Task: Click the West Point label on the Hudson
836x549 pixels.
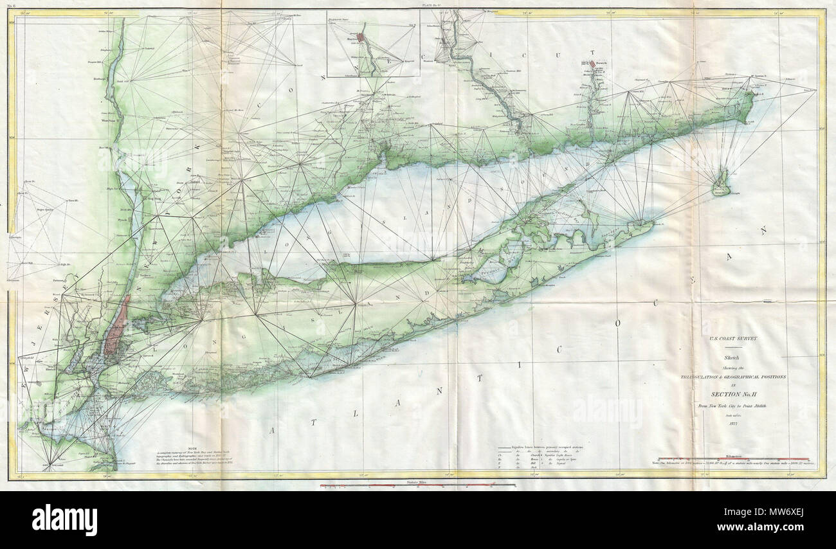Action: tap(106, 119)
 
